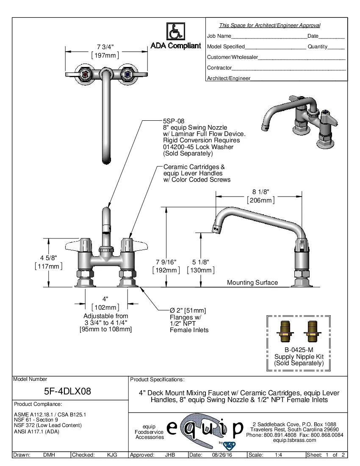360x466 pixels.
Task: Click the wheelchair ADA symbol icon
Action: [x=175, y=32]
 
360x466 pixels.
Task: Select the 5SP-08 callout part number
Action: [x=174, y=121]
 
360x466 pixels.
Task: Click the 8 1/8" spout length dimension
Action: [x=260, y=192]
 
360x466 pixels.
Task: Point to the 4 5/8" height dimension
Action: [x=48, y=258]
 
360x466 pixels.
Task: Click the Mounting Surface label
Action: [x=252, y=283]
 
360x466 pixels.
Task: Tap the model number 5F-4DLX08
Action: [x=68, y=391]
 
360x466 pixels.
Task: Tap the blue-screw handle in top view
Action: [x=125, y=75]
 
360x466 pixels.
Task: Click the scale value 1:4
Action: [x=279, y=455]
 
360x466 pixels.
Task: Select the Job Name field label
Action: [x=219, y=36]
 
